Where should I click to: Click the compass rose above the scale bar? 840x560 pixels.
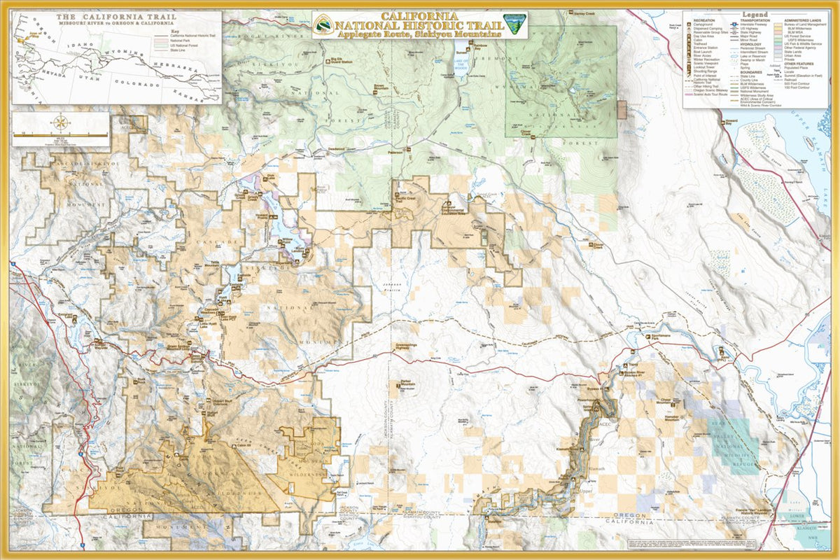point(61,123)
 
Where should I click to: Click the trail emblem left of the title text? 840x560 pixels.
point(323,24)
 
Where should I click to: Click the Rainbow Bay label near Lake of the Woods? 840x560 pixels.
point(479,47)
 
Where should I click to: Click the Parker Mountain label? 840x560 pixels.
point(408,383)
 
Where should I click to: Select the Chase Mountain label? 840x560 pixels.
point(664,402)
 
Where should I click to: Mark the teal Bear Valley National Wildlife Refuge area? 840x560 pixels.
point(741,437)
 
